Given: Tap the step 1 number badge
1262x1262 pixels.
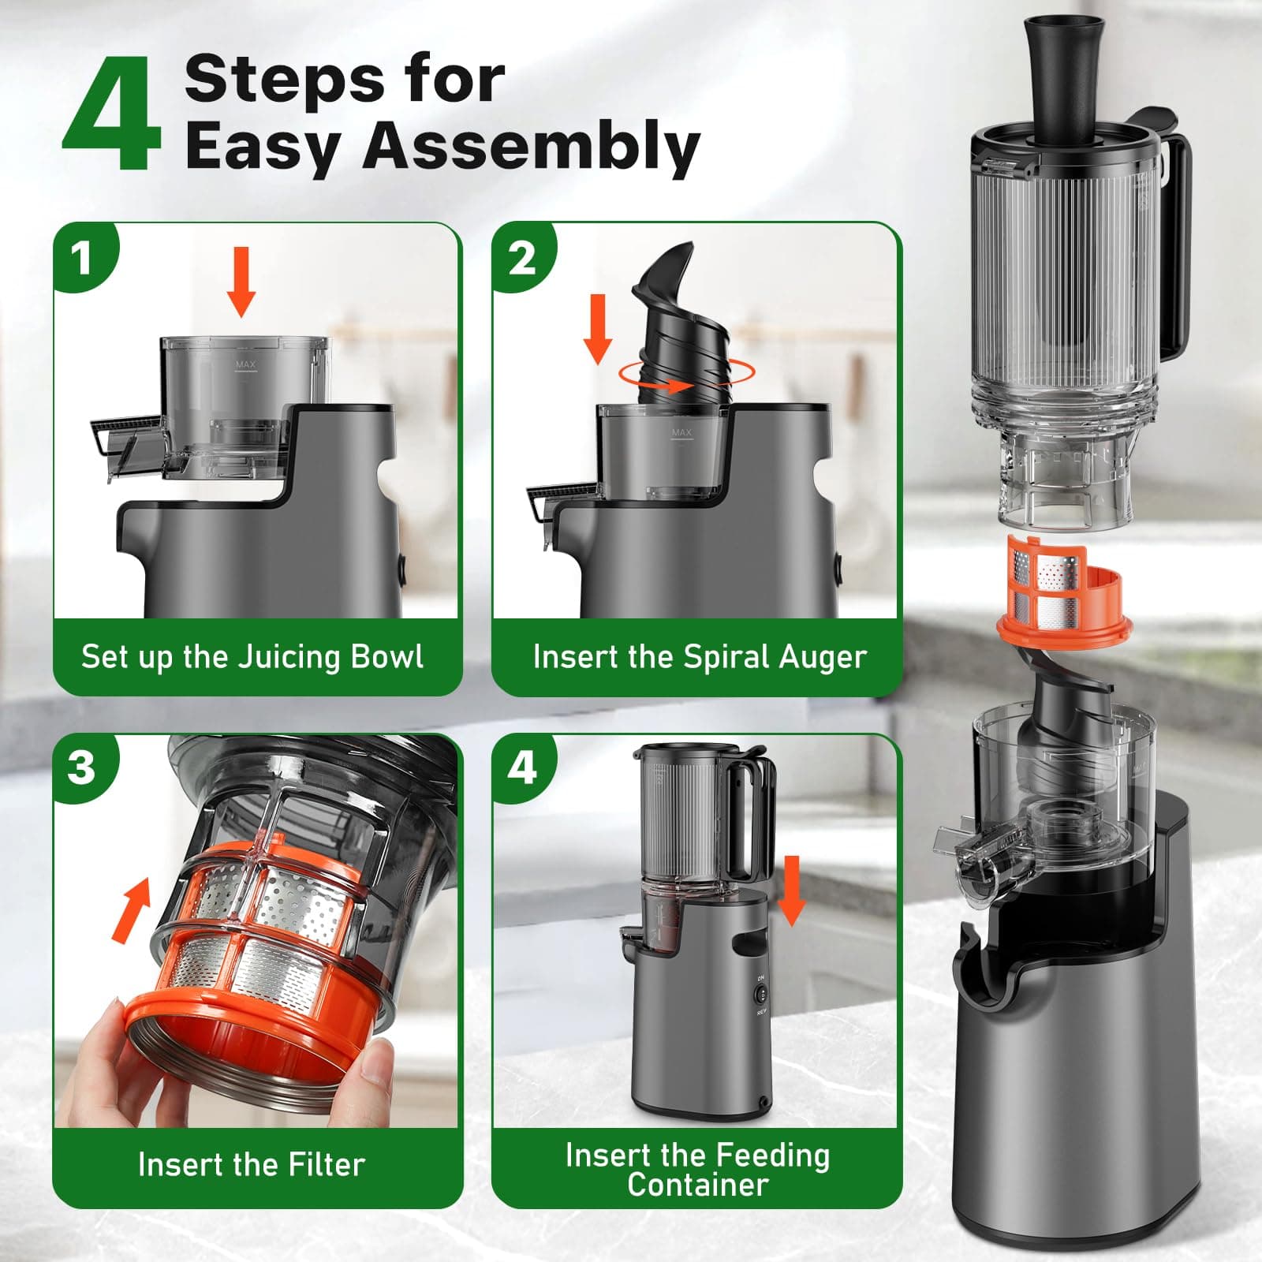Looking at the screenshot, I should pos(81,257).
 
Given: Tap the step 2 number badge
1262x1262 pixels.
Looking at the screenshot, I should pos(521,257).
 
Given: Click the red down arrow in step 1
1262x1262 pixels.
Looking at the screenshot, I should pos(241,281).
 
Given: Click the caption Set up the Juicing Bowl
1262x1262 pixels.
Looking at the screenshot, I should pos(252,657).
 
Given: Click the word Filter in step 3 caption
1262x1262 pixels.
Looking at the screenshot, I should pos(326,1164).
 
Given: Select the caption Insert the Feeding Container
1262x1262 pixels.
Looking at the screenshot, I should pos(697,1170).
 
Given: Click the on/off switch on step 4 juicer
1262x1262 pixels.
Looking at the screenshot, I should pos(762,995).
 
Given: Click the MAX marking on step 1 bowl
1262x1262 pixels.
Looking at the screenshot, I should pos(246,365).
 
